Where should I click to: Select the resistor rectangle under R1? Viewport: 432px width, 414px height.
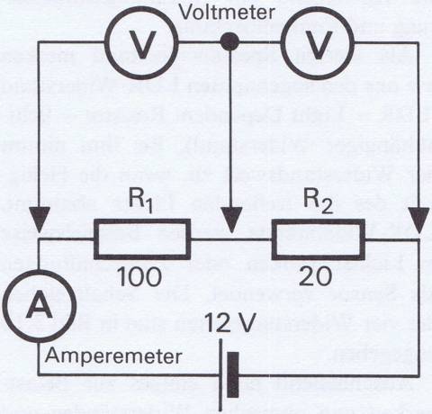(x=142, y=220)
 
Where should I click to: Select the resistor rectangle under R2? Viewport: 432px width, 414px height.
(x=319, y=220)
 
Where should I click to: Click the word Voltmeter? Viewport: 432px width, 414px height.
(x=227, y=13)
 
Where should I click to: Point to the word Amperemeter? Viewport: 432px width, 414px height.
(x=113, y=356)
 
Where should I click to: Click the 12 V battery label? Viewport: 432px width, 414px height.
(x=230, y=323)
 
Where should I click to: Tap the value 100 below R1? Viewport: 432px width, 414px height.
(x=139, y=276)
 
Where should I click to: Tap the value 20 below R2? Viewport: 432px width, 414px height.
(x=315, y=276)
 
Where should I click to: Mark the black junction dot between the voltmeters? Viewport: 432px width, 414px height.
(x=229, y=41)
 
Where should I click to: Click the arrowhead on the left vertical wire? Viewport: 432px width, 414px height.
(x=39, y=220)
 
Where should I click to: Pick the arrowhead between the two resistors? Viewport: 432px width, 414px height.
(x=230, y=220)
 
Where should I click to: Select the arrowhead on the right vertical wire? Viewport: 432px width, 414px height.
(x=419, y=220)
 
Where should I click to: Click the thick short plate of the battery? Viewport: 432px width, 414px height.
(x=233, y=375)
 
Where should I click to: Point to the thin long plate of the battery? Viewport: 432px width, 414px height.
(x=220, y=375)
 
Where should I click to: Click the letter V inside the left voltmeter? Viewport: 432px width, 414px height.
(x=141, y=44)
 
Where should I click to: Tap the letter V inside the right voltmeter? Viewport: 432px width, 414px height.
(x=317, y=44)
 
